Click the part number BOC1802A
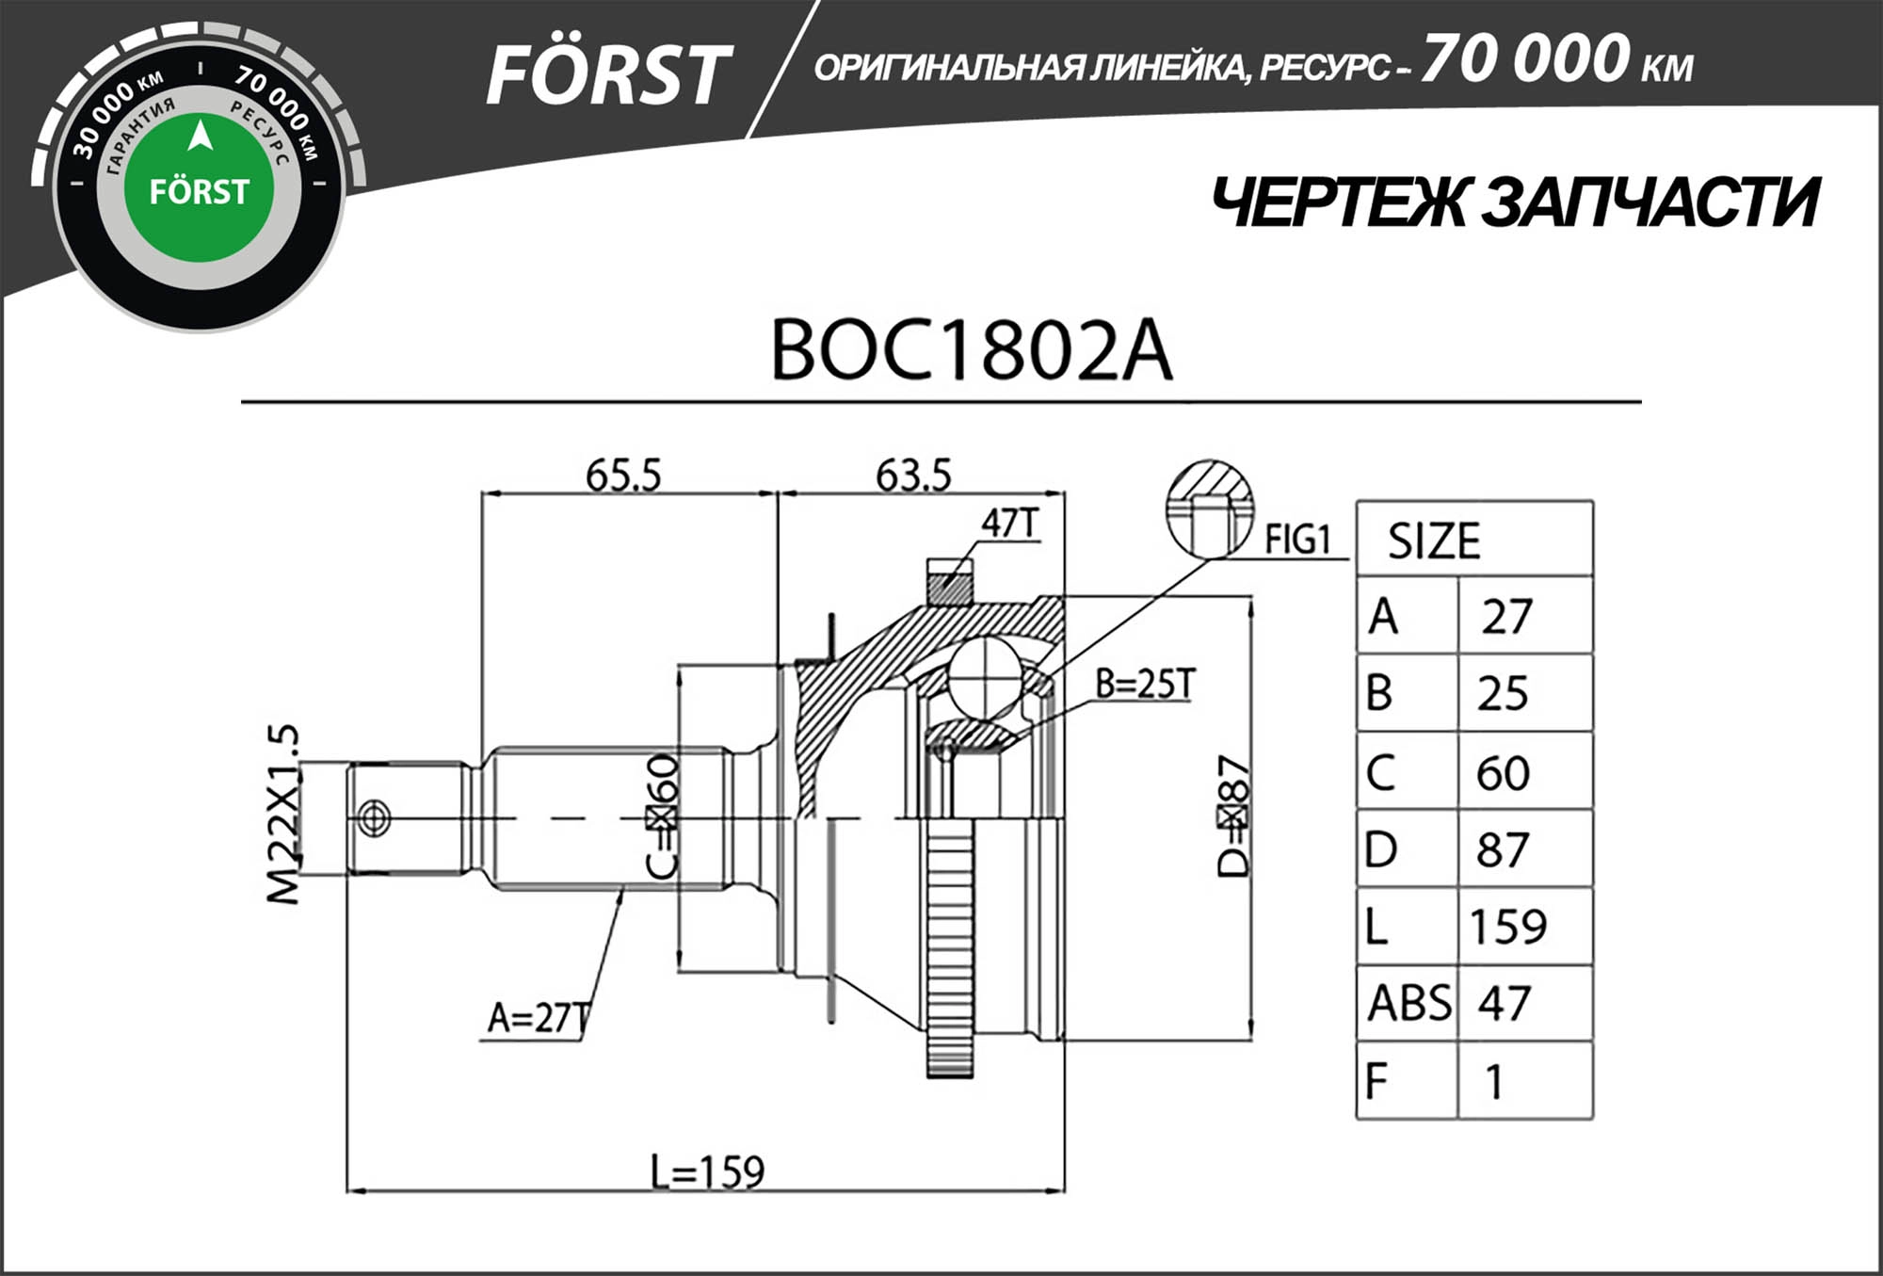click(x=971, y=350)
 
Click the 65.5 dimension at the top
click(x=622, y=476)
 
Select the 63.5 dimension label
click(x=912, y=476)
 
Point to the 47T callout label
click(x=1009, y=524)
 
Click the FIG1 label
click(x=1296, y=540)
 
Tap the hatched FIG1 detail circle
click(x=1209, y=509)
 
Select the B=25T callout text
click(x=1145, y=685)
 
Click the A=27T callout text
click(x=538, y=1018)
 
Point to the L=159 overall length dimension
click(x=707, y=1172)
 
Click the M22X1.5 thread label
click(x=283, y=815)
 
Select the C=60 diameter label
click(x=663, y=816)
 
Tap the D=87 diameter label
click(x=1232, y=816)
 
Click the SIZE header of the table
click(x=1433, y=541)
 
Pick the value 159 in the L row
click(x=1507, y=927)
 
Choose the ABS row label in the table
click(x=1408, y=1003)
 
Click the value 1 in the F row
click(x=1494, y=1082)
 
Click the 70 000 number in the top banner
click(x=1525, y=59)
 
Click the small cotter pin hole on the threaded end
click(x=375, y=816)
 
